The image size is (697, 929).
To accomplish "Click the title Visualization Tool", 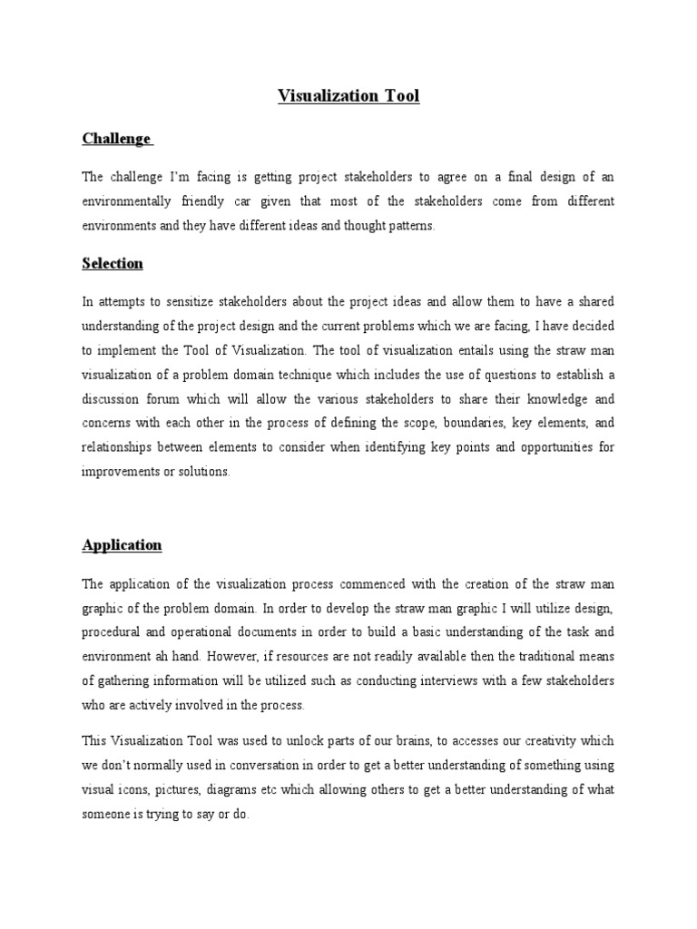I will [348, 96].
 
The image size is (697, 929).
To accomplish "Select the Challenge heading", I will [116, 139].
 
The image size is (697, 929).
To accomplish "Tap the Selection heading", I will [113, 263].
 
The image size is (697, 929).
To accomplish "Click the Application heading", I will [122, 545].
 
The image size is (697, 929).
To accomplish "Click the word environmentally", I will [131, 201].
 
